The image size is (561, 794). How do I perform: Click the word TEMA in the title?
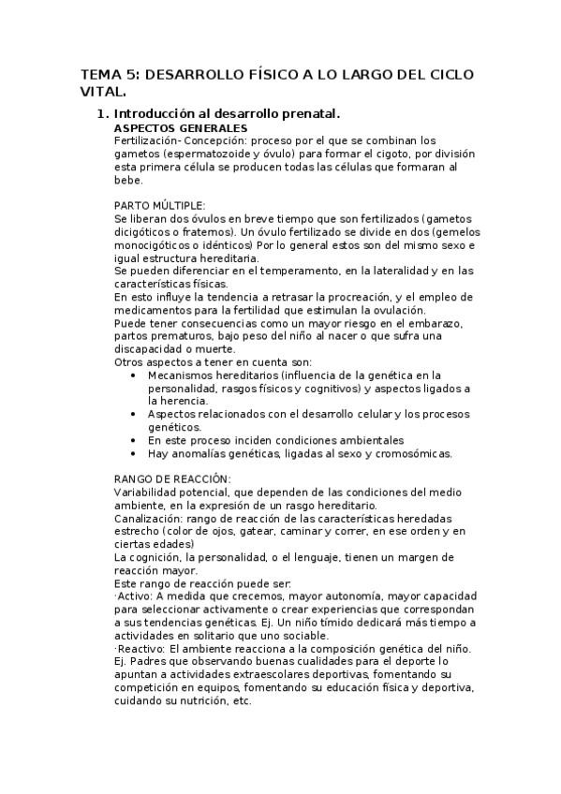[x=100, y=73]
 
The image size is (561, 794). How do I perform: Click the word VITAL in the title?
[x=102, y=92]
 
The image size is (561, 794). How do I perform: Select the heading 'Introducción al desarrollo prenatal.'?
[x=226, y=113]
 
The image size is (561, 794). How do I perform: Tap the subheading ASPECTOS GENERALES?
[x=181, y=127]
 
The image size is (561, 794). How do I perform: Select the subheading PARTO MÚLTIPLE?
[x=159, y=204]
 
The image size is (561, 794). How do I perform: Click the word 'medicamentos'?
[x=155, y=310]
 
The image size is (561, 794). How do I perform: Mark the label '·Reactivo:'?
[x=139, y=649]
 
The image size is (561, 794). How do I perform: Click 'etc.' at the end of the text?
[x=241, y=701]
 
